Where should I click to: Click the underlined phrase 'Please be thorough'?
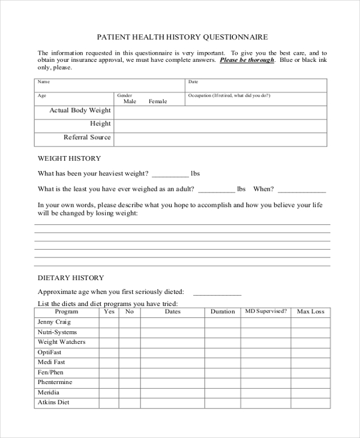[x=247, y=60]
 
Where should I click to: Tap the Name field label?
[x=44, y=82]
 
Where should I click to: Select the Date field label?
[x=193, y=82]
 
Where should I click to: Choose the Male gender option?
[x=130, y=101]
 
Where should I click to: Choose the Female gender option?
[x=158, y=101]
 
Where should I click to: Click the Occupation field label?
[x=229, y=95]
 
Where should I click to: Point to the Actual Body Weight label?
[x=80, y=110]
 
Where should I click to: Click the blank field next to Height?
[x=220, y=124]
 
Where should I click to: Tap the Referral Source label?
[x=87, y=137]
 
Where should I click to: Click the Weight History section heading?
[x=69, y=158]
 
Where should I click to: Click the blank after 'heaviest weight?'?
[x=170, y=175]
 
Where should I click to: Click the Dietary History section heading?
[x=71, y=278]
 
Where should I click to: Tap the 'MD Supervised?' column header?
[x=266, y=311]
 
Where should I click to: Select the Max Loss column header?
[x=310, y=311]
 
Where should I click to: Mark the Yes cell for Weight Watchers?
[x=109, y=343]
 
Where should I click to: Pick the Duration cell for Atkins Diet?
[x=223, y=403]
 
